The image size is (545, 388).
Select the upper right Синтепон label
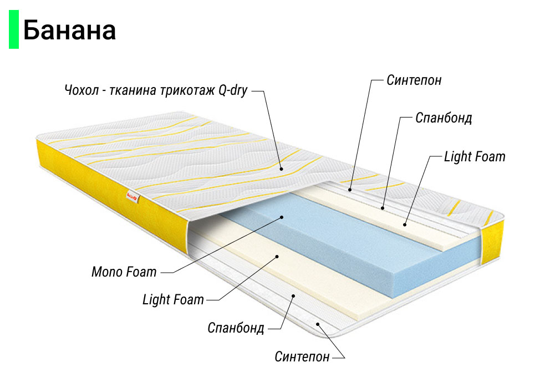coord(414,80)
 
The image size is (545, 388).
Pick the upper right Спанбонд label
coord(444,119)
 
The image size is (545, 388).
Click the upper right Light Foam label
coord(475,156)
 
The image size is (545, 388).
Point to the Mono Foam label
coord(124,272)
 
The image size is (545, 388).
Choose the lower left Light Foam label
coord(173,300)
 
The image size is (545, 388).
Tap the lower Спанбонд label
coord(236,327)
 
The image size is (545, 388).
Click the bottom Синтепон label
coord(302,356)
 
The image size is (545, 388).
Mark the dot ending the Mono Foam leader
coord(282,217)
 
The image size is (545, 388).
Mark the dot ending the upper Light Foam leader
coord(405,224)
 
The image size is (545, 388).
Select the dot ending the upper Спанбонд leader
coord(383,208)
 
